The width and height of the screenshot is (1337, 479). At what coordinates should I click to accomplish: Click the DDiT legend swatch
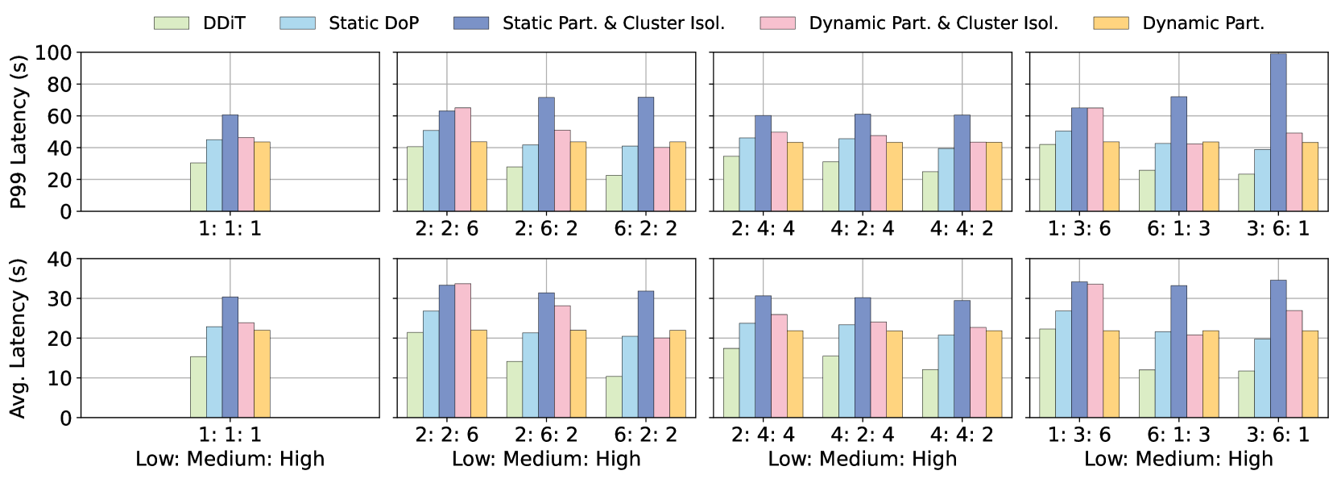point(172,23)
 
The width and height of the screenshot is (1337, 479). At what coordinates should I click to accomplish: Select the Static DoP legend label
point(374,23)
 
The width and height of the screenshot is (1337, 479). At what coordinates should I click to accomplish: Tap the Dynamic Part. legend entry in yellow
point(1178,23)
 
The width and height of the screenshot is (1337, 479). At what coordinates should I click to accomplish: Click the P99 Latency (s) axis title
point(19,131)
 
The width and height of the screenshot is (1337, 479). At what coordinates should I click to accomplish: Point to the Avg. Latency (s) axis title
point(19,339)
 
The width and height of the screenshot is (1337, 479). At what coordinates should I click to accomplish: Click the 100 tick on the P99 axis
point(53,52)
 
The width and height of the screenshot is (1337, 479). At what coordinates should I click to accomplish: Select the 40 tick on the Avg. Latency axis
point(59,259)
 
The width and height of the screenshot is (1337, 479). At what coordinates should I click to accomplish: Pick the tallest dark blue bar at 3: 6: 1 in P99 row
point(1278,132)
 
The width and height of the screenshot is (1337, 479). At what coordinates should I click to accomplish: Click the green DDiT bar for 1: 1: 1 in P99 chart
point(198,187)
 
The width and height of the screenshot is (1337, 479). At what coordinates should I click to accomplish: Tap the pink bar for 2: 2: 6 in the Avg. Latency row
point(462,351)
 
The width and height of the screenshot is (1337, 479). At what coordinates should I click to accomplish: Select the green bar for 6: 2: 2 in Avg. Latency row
point(614,397)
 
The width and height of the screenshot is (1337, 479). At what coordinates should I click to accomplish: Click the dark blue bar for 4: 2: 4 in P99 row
point(862,162)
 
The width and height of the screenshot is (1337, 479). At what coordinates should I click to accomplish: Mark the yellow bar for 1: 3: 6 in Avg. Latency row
point(1111,374)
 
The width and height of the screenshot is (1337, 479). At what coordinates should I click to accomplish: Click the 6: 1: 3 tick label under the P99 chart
point(1178,229)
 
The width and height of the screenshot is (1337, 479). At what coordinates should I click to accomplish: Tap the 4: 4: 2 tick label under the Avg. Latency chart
point(962,434)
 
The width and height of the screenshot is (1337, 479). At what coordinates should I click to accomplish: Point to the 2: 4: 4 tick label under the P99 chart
point(763,229)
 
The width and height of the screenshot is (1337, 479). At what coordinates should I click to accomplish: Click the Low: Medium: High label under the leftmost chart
point(230,459)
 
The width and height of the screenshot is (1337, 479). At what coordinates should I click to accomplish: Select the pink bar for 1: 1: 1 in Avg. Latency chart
point(246,370)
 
